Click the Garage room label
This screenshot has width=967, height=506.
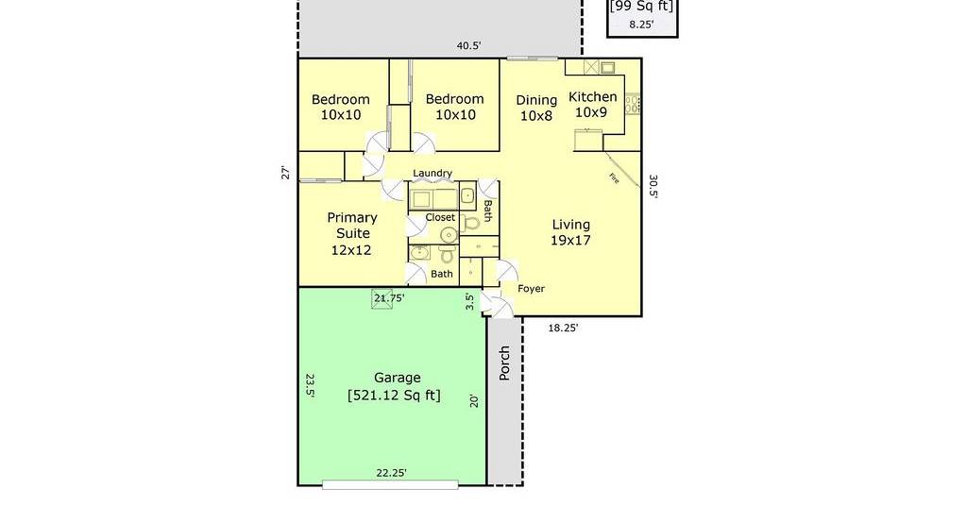[398, 378]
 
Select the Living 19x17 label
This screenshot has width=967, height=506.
[570, 232]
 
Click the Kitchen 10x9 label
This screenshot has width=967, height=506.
[592, 104]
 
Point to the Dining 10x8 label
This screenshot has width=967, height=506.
[536, 108]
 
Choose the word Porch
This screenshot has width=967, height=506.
[504, 363]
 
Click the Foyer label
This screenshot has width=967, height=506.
[531, 289]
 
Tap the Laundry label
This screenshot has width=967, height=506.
[433, 173]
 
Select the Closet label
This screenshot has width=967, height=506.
[440, 217]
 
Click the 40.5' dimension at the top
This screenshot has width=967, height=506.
[468, 45]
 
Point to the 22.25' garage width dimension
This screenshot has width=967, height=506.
[392, 473]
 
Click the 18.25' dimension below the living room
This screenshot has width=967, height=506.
[563, 329]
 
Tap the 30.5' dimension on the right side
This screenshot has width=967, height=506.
[653, 187]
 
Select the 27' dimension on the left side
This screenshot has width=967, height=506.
[285, 173]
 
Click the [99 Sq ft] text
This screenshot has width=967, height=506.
[641, 7]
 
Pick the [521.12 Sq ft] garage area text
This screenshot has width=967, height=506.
[395, 395]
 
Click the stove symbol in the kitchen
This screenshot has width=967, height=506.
[633, 104]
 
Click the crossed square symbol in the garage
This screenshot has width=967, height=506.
[382, 299]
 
